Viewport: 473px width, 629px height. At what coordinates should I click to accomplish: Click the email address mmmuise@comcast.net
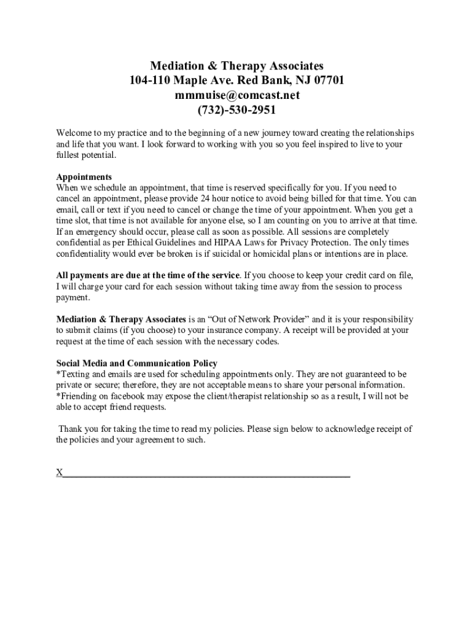(237, 95)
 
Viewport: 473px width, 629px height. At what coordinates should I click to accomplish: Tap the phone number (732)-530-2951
(237, 110)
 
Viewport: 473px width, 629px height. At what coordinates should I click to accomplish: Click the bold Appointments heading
(84, 177)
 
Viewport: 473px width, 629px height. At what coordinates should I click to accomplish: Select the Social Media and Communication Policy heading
(136, 363)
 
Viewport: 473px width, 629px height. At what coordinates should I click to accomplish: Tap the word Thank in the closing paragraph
(71, 429)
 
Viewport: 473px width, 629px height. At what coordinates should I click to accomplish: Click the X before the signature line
(60, 473)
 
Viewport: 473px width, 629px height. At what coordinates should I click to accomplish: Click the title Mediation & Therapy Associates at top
(237, 66)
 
